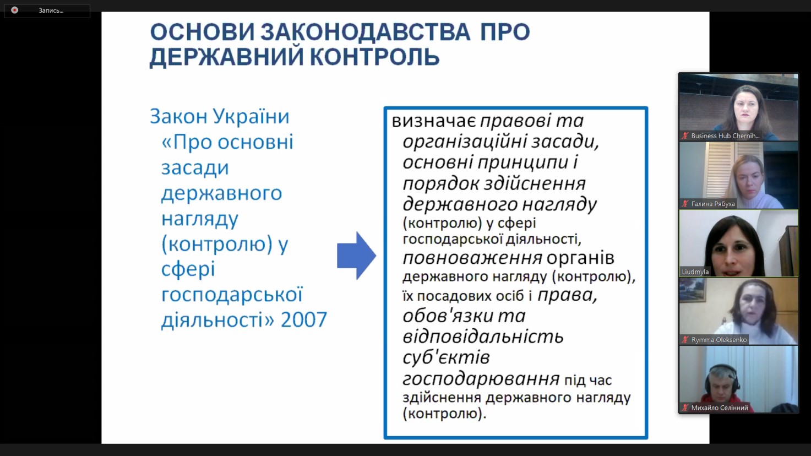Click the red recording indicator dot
tap(14, 10)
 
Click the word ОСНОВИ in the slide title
tap(203, 32)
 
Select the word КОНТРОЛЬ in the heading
tap(375, 57)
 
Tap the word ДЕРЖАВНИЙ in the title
tap(226, 56)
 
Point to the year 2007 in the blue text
tap(304, 319)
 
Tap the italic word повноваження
tap(472, 258)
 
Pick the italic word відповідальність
tap(483, 336)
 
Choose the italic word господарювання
tap(481, 379)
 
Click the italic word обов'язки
tap(448, 316)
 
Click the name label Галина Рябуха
tap(713, 204)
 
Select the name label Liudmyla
tap(695, 272)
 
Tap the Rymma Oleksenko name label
tap(719, 340)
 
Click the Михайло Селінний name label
tap(720, 408)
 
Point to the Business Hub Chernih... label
tap(725, 136)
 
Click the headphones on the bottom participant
tap(723, 377)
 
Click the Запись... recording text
tap(51, 10)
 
